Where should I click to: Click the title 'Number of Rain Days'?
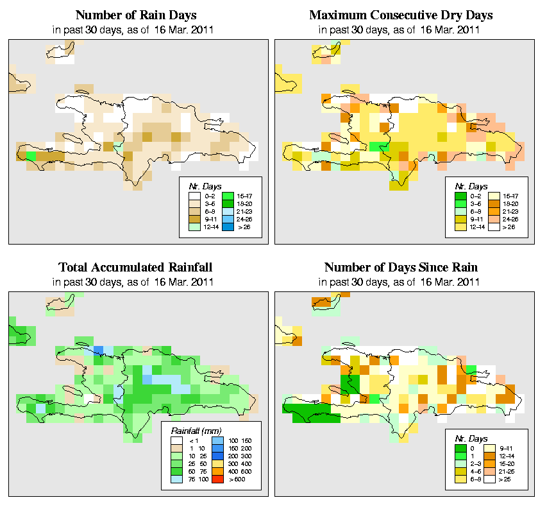137,15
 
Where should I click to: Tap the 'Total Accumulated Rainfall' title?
136,267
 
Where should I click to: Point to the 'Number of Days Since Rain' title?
401,267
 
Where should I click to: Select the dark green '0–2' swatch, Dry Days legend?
460,194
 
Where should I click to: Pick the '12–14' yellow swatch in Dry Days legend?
460,227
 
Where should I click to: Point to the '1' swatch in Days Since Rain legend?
460,456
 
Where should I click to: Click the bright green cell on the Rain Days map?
31,156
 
